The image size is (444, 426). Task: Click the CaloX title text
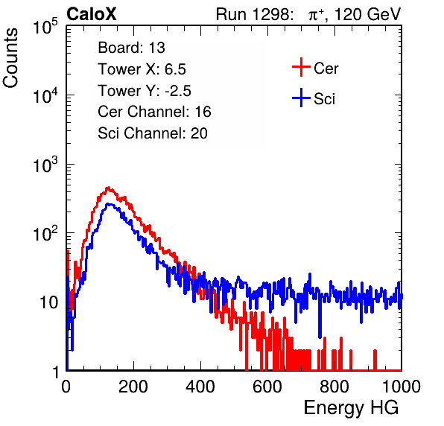[x=92, y=14]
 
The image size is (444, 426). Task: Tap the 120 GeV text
[x=368, y=14]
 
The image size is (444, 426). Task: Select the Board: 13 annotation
[x=131, y=48]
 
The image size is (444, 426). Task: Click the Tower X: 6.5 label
[x=142, y=69]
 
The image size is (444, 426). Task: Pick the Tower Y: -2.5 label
[x=145, y=91]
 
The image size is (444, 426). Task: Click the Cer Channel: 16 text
[x=154, y=112]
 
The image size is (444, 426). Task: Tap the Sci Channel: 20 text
[x=153, y=133]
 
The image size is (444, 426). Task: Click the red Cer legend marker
[x=301, y=67]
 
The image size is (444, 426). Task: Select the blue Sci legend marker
[x=301, y=98]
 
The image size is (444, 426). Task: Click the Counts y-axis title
[x=10, y=57]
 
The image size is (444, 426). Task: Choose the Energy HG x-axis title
[x=351, y=408]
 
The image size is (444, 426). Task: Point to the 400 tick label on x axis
[x=200, y=387]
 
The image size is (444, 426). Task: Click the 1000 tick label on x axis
[x=402, y=387]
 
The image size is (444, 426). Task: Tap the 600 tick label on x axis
[x=267, y=387]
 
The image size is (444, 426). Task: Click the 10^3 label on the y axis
[x=45, y=165]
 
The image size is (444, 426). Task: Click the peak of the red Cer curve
[x=108, y=188]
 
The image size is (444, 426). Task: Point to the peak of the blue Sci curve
[x=109, y=204]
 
